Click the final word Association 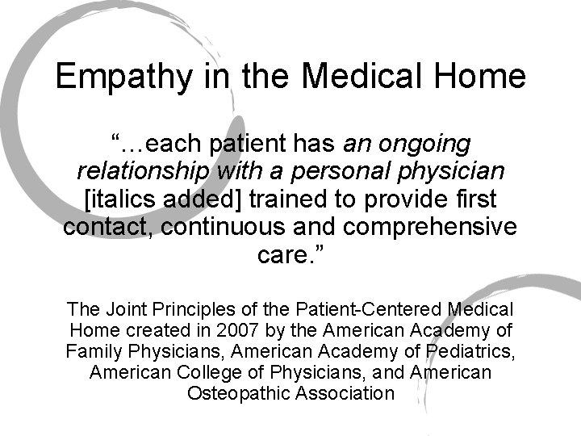[x=345, y=393]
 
